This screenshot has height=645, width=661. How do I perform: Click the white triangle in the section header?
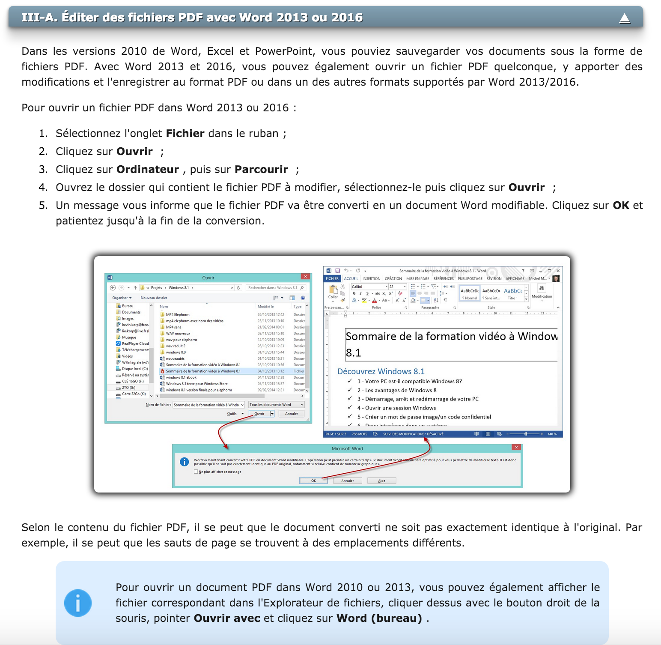coord(625,18)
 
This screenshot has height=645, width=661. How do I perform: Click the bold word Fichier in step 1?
coord(185,134)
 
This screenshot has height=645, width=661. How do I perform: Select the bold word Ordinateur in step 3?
coord(148,170)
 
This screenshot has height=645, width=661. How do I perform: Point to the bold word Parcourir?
coord(261,170)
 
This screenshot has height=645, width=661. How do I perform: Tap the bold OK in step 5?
coord(621,206)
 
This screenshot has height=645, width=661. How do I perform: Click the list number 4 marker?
coord(43,188)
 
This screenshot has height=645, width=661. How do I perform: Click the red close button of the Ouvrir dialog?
coord(305,277)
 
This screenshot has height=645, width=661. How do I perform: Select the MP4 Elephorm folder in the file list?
coord(177,315)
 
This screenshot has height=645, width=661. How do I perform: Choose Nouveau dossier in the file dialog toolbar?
coord(154,298)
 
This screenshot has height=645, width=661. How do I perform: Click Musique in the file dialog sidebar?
coord(129,337)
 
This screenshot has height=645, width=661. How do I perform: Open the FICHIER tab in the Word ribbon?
coord(332,279)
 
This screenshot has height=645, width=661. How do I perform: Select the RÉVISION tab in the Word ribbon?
coord(494,279)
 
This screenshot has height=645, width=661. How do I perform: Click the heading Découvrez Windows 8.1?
coord(381,372)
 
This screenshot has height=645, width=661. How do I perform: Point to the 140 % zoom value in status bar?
coord(552,434)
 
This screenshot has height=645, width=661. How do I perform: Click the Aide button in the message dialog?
coord(381,481)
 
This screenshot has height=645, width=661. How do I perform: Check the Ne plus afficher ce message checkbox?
coord(196,472)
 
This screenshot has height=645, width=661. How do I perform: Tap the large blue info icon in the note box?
coord(78,603)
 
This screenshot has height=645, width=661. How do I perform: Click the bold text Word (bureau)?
coord(379,618)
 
